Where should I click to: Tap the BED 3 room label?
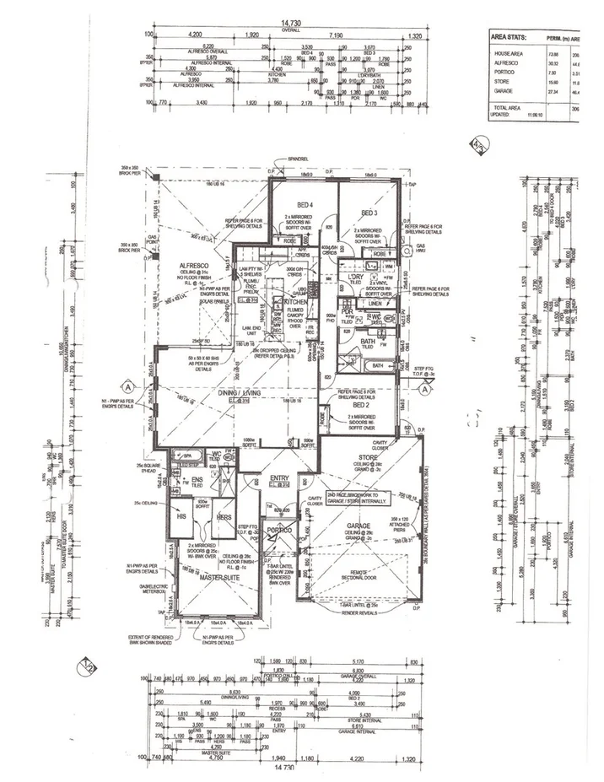coord(369,212)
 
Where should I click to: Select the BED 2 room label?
coord(348,404)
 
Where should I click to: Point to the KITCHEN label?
coord(295,301)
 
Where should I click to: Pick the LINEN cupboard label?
coord(375,303)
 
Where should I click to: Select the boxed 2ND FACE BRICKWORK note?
coord(362,498)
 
